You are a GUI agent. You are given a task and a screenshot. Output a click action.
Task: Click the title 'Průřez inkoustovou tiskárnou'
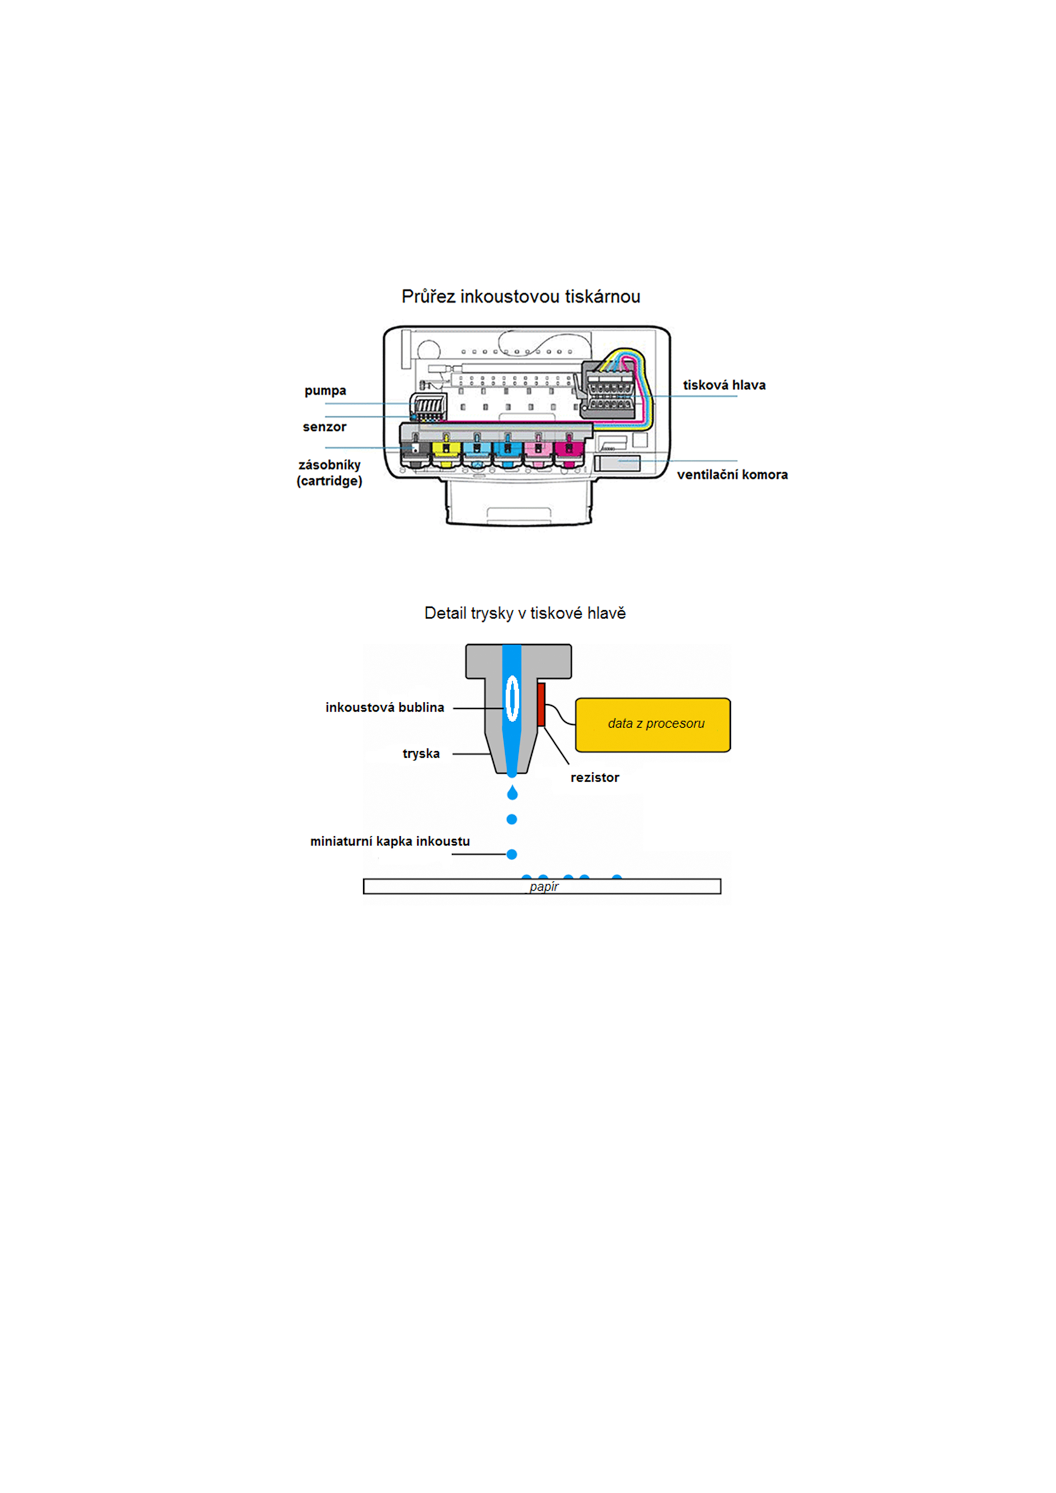click(x=520, y=297)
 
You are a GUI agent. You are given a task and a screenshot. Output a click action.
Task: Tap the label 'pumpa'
click(x=325, y=391)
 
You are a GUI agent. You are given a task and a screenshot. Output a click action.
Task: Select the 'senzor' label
click(x=324, y=426)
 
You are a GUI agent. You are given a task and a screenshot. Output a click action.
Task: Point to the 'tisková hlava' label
click(x=724, y=385)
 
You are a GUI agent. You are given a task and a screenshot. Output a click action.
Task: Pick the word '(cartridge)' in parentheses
click(x=329, y=481)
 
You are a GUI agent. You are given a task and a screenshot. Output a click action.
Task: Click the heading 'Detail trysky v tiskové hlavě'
click(x=525, y=613)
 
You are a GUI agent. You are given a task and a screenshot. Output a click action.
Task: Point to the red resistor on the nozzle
click(x=541, y=704)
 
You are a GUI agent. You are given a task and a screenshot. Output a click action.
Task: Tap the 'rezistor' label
click(x=595, y=777)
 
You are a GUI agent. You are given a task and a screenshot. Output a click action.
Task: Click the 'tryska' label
click(x=421, y=754)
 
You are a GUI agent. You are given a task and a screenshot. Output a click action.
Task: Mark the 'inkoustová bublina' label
click(x=385, y=707)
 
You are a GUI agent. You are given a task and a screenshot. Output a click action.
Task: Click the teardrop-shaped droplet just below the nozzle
click(x=512, y=792)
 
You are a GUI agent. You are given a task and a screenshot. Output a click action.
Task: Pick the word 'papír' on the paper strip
click(x=544, y=887)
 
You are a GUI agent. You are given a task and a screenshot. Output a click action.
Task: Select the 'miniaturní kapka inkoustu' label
click(x=390, y=841)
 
